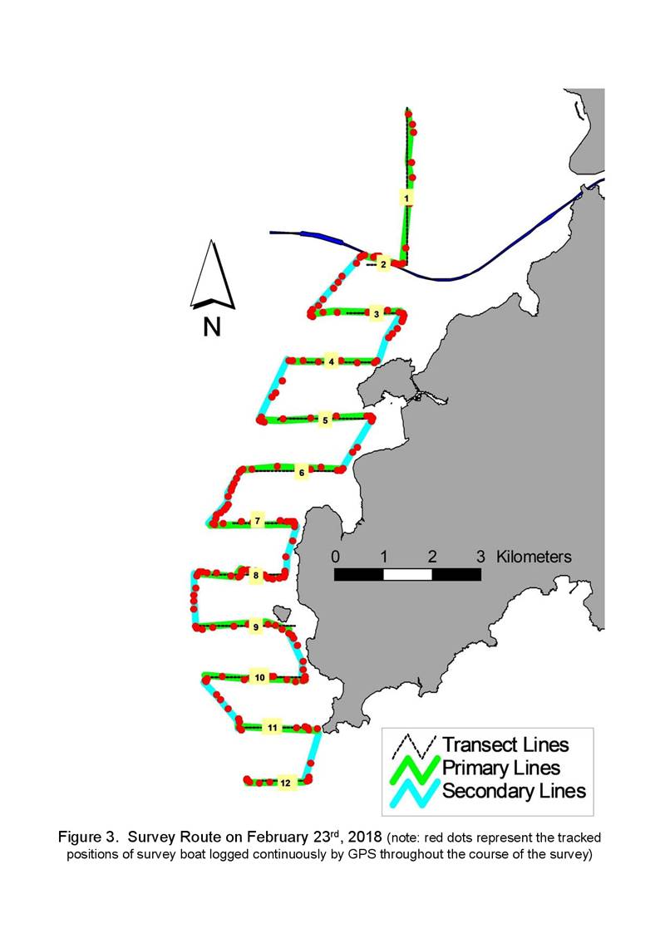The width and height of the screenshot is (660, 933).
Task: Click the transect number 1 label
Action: click(406, 197)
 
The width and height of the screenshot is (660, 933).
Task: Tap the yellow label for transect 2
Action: click(383, 263)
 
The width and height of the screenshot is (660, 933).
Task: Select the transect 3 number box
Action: click(376, 313)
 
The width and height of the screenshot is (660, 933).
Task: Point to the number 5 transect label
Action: click(325, 420)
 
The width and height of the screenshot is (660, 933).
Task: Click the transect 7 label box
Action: click(257, 521)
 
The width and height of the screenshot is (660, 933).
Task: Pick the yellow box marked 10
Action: click(260, 677)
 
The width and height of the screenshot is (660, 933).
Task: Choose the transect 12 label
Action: click(286, 783)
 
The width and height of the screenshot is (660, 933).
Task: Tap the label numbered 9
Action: click(256, 626)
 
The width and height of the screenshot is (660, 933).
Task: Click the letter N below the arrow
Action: click(212, 327)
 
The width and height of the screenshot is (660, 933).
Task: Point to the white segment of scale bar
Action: click(407, 574)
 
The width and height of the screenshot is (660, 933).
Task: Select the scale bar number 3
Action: click(480, 557)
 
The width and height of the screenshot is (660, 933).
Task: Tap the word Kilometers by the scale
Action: click(534, 557)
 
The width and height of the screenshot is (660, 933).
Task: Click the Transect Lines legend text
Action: click(505, 744)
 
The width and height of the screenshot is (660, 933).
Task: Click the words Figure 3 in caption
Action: click(88, 837)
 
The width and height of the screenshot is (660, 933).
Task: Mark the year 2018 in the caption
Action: click(365, 837)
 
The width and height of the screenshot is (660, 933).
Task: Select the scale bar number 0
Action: click(336, 557)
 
